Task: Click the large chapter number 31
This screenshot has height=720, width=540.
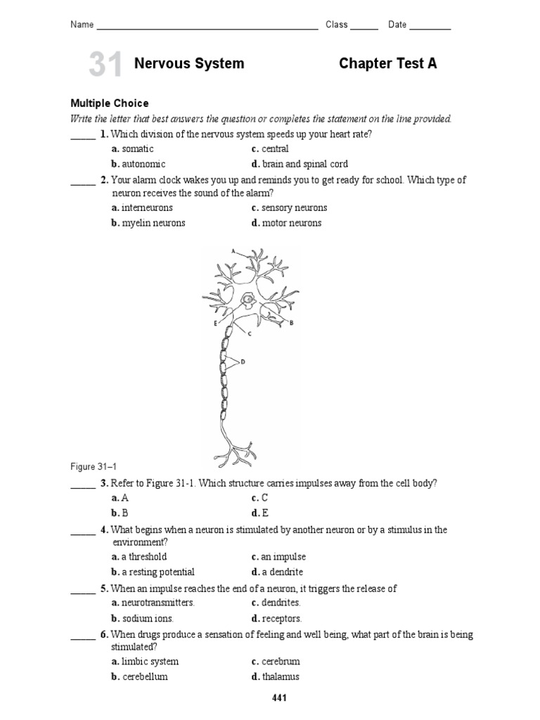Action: click(105, 65)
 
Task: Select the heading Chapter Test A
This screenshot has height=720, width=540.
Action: click(387, 64)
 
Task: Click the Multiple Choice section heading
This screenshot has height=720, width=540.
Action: click(109, 103)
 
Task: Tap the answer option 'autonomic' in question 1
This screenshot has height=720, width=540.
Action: click(143, 164)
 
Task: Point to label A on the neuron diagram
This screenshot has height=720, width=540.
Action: click(233, 250)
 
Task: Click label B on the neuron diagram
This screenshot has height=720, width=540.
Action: click(290, 323)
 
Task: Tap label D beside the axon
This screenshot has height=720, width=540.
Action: click(243, 362)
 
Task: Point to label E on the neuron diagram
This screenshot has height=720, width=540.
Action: click(214, 323)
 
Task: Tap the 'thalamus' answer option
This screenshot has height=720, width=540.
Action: click(281, 677)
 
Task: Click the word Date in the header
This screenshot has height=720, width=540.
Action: click(397, 25)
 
